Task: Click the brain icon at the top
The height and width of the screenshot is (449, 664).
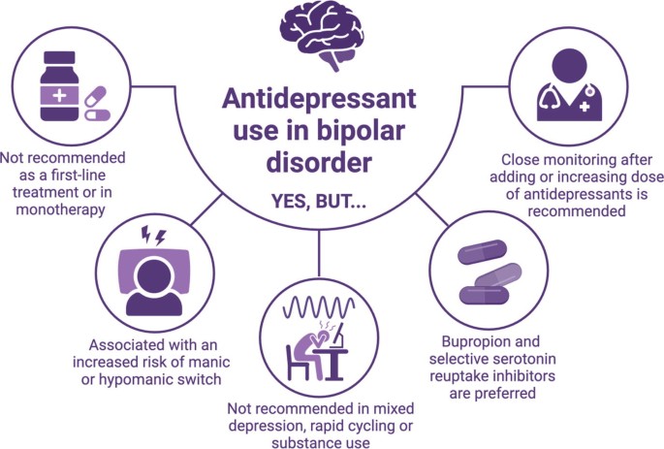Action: click(321, 35)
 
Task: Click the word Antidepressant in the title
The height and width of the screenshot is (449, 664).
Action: click(319, 98)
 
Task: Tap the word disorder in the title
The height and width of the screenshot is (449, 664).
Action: click(319, 162)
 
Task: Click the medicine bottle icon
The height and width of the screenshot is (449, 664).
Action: click(59, 86)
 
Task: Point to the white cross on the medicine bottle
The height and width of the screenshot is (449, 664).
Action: click(59, 95)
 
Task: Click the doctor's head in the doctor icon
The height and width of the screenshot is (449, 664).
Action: click(570, 66)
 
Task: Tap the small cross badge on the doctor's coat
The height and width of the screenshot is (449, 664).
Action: click(585, 107)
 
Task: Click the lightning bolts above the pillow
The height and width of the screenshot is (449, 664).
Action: click(153, 236)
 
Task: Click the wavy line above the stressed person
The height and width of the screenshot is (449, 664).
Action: click(319, 307)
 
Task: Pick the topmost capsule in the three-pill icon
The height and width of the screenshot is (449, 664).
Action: click(482, 252)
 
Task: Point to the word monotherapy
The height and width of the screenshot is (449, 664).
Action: click(60, 209)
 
